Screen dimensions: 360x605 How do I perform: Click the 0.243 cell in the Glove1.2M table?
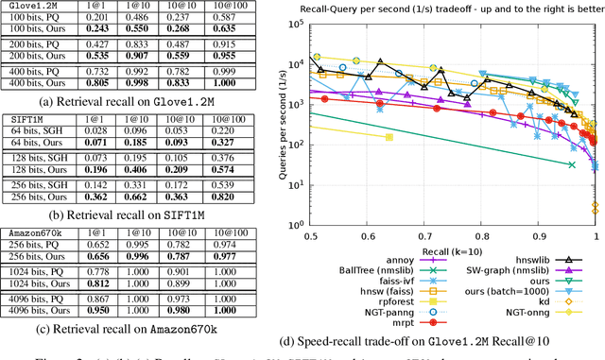point(123,29)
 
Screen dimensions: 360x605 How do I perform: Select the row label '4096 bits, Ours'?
point(48,309)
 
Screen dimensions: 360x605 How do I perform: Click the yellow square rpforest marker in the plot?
point(389,137)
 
